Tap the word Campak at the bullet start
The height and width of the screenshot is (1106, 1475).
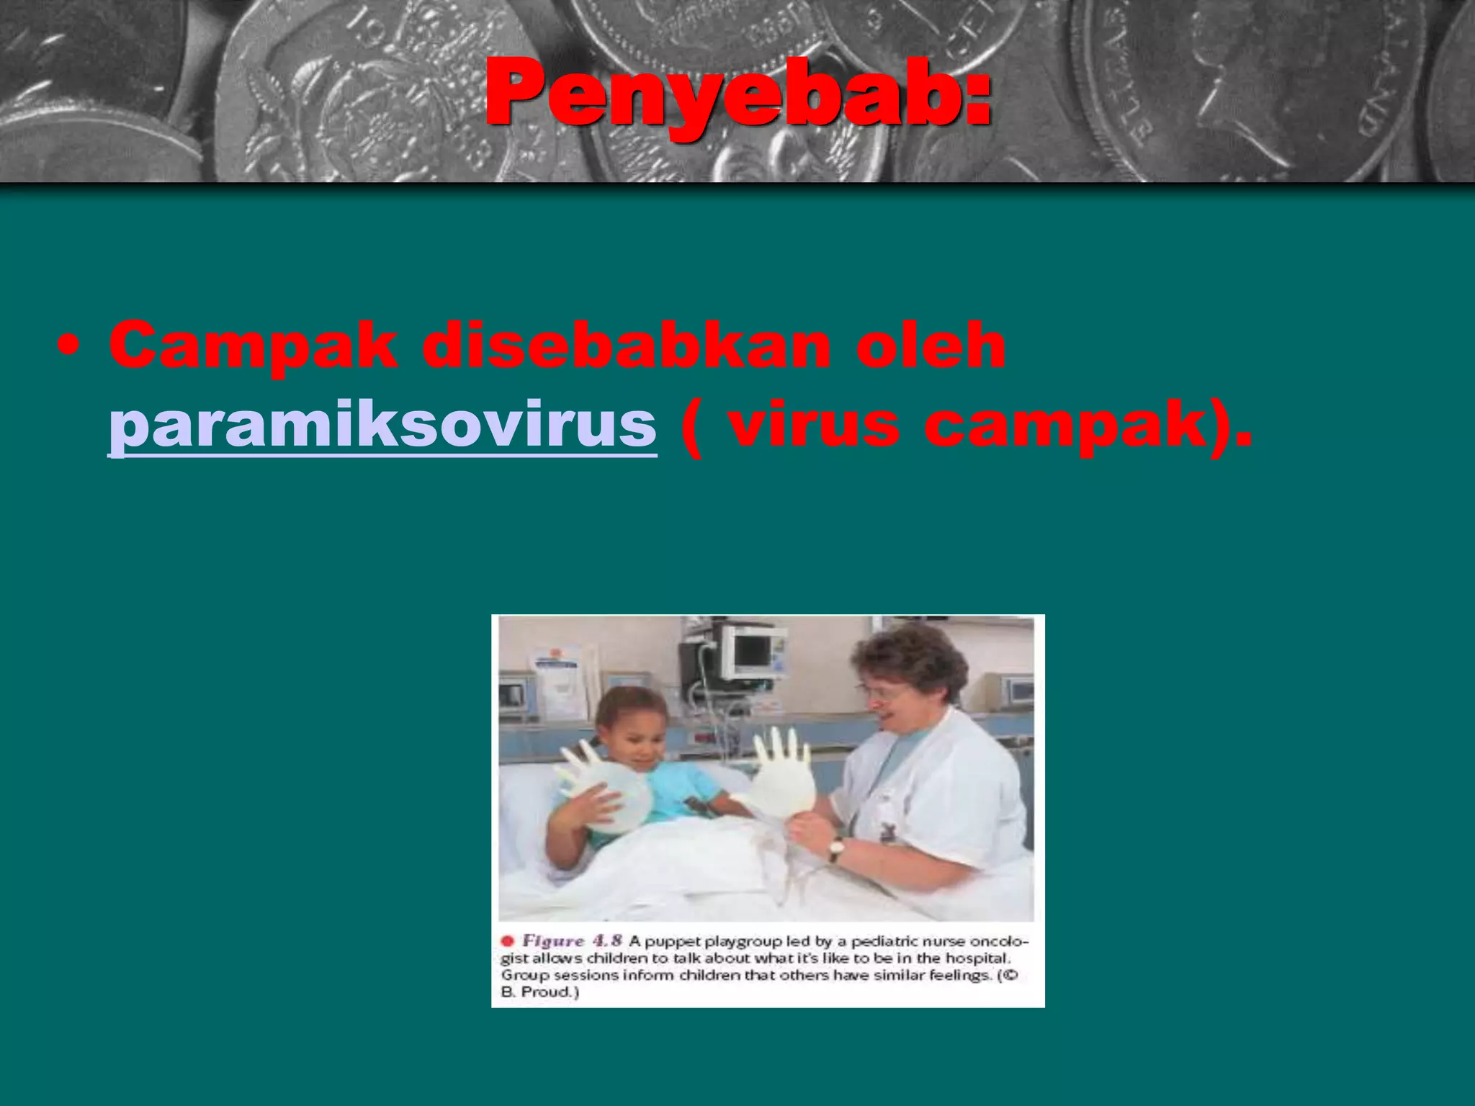pos(253,346)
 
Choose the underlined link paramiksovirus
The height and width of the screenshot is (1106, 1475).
pos(382,425)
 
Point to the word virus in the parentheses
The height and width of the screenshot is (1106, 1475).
pos(813,425)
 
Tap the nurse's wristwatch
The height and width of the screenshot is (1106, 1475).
pos(835,849)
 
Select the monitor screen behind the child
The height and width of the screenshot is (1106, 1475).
pos(751,649)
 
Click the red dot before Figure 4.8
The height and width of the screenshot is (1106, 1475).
pos(507,941)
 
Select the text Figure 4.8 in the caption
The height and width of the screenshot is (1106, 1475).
pos(572,941)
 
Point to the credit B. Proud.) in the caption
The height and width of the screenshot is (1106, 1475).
pos(540,992)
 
